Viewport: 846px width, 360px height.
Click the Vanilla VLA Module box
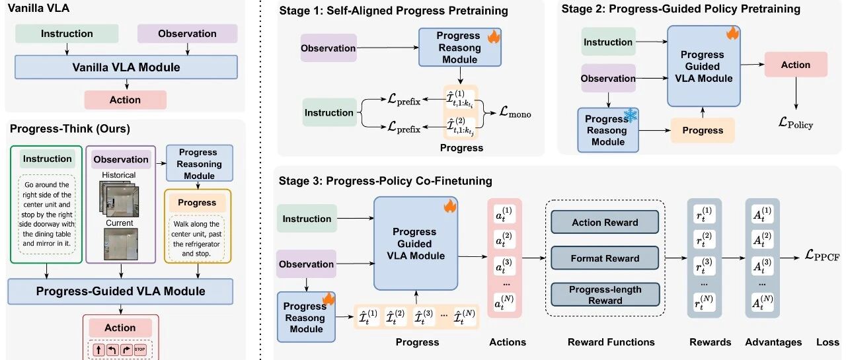pyautogui.click(x=126, y=67)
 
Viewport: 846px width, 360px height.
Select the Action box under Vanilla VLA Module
pyautogui.click(x=125, y=100)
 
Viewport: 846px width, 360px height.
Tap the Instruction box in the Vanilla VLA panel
pyautogui.click(x=67, y=34)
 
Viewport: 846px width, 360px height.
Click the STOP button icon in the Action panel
pyautogui.click(x=139, y=350)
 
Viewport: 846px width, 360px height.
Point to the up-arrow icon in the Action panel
pyautogui.click(x=100, y=350)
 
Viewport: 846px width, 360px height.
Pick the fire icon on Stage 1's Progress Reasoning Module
pyautogui.click(x=494, y=37)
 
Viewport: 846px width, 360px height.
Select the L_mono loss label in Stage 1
pyautogui.click(x=516, y=114)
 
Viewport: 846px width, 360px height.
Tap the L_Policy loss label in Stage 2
pyautogui.click(x=795, y=124)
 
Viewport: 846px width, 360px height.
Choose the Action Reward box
pyautogui.click(x=605, y=223)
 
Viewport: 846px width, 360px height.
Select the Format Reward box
pyautogui.click(x=605, y=259)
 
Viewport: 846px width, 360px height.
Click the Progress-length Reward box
pyautogui.click(x=605, y=295)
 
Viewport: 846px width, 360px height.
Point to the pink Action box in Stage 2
pyautogui.click(x=795, y=65)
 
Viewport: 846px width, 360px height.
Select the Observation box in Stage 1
pyautogui.click(x=328, y=48)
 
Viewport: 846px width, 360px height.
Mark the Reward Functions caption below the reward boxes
pyautogui.click(x=611, y=342)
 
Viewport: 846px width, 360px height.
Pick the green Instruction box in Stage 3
pyautogui.click(x=307, y=219)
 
